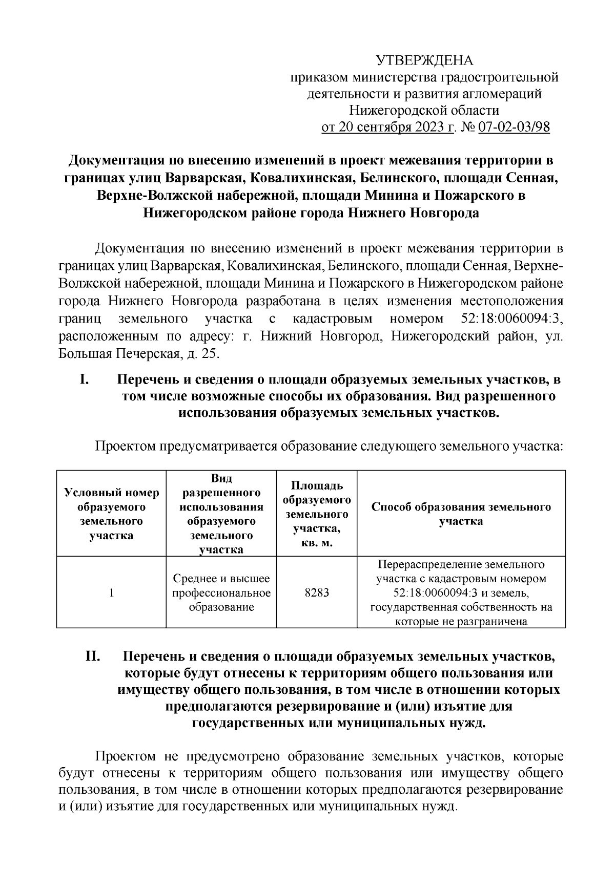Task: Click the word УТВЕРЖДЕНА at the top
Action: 425,61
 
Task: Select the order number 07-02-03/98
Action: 514,127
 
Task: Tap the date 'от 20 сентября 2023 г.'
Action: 387,127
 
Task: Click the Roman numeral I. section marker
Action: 85,380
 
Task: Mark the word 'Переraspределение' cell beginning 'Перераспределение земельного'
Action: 461,565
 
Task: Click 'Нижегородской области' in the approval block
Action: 424,110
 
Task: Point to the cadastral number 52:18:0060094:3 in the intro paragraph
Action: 508,319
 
